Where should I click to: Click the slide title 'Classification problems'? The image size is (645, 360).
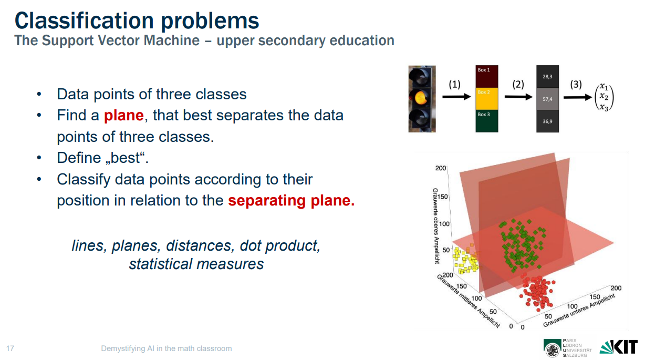click(137, 20)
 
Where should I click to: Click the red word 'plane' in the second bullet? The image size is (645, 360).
click(123, 115)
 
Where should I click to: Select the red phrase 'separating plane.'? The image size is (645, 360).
click(291, 200)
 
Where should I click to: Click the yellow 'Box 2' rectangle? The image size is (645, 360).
click(486, 98)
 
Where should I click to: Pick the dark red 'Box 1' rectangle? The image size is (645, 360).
click(486, 77)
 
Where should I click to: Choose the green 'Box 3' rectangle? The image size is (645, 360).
click(486, 120)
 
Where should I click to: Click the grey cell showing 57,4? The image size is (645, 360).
click(547, 98)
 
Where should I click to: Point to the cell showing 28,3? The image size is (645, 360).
click(547, 77)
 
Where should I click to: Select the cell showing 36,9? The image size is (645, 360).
click(547, 120)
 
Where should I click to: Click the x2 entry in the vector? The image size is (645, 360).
click(604, 97)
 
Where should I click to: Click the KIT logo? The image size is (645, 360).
click(619, 347)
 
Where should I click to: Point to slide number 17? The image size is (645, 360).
click(10, 348)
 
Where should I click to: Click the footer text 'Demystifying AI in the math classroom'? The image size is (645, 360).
click(166, 348)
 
